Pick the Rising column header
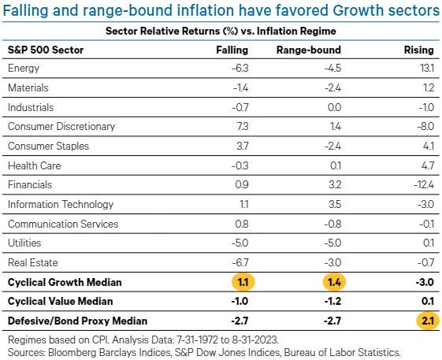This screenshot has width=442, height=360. [418, 50]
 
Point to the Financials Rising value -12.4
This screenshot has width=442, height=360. [421, 185]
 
